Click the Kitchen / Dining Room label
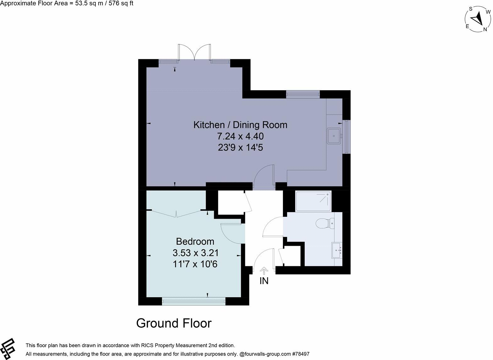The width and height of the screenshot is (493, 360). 240,125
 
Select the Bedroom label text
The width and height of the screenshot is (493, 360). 195,241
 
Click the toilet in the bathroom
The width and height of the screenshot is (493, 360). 325,223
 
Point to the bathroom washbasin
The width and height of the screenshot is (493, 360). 337,250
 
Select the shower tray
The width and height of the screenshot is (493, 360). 313,201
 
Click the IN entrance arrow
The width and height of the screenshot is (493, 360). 264,270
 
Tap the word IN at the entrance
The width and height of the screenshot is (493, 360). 264,281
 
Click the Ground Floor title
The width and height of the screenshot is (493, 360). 174,323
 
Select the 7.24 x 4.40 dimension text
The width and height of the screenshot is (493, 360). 240,136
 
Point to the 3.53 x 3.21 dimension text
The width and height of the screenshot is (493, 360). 195,253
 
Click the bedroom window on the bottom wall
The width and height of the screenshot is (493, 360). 194,301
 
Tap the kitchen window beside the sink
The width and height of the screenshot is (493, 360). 346,136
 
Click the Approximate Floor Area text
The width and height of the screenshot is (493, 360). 67,4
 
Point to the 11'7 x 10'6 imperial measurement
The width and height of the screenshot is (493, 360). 195,264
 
